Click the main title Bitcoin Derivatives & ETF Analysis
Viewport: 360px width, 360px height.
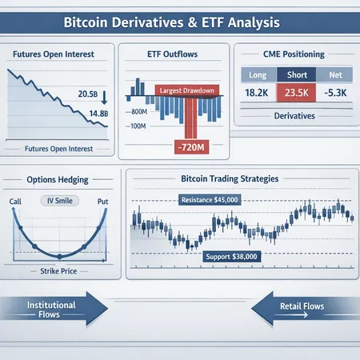tap(179, 19)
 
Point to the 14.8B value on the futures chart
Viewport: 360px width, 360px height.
tap(88, 113)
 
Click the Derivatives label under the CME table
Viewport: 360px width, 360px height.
tap(294, 116)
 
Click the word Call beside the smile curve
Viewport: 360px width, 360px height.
tap(16, 202)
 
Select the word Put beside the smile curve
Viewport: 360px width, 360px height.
tap(102, 202)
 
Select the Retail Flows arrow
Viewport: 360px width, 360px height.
tap(300, 310)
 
